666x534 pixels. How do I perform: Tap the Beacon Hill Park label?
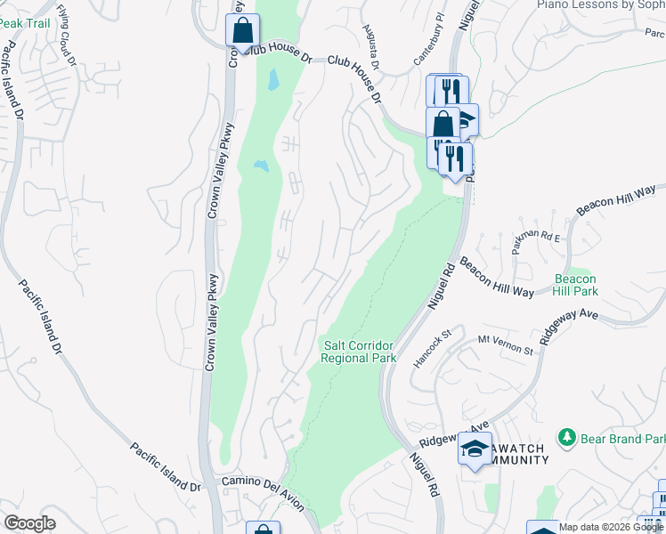tap(575, 285)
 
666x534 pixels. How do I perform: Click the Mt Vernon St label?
tap(505, 344)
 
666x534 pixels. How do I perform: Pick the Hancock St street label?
tap(434, 351)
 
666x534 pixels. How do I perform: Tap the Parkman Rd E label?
tap(537, 241)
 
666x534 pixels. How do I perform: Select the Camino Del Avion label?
tap(263, 492)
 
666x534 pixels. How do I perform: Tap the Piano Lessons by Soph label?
tap(601, 4)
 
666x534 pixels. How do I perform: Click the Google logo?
tap(30, 523)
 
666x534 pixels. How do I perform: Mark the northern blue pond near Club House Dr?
tap(272, 81)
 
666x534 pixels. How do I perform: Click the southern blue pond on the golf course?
tap(260, 166)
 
